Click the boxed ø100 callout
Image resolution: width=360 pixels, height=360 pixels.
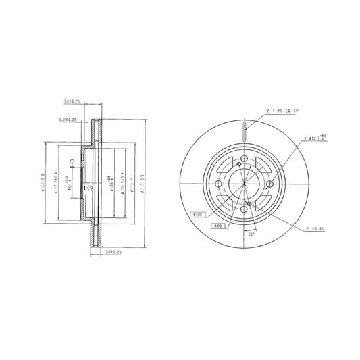tap(198, 215)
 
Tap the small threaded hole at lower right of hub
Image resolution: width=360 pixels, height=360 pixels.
tap(250, 203)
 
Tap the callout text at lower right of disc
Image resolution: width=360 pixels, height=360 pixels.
tap(315, 230)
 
